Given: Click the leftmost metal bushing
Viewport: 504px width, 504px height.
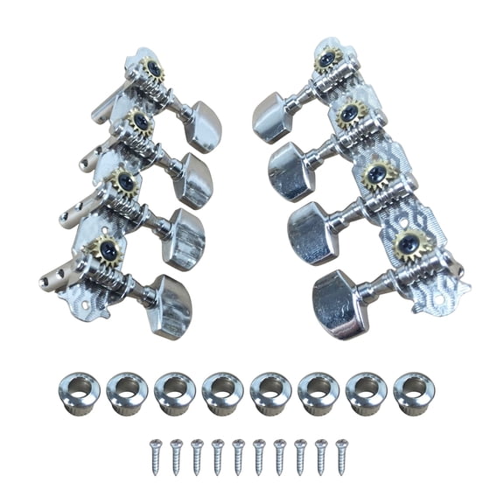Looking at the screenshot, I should pos(80,392).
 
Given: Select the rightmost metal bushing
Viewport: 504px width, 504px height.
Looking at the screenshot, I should pos(412,392).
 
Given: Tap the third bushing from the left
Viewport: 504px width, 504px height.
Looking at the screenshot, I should pos(174,392).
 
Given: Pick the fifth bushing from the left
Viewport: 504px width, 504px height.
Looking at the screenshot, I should pos(269,392).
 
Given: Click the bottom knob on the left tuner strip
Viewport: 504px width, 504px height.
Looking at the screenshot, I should pos(171,305).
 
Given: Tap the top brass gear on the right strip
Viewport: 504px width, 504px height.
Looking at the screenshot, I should pos(328,59).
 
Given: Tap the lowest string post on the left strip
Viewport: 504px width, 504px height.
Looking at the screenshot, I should pos(54,280).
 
